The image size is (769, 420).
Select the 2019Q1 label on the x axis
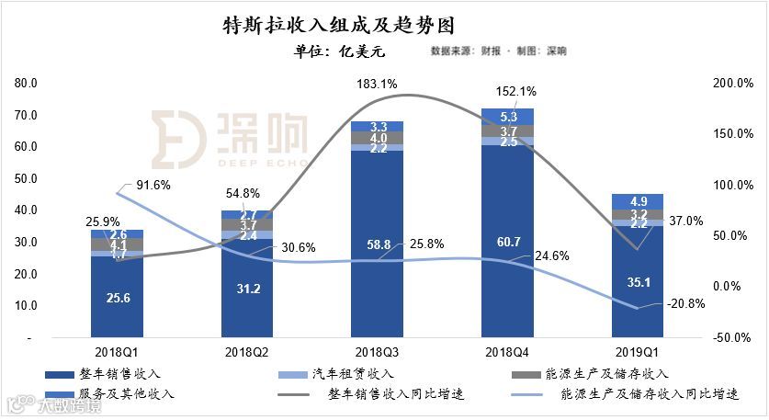click(638, 351)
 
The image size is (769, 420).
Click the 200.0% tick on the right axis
click(732, 84)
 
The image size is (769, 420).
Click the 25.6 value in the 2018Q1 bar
click(117, 298)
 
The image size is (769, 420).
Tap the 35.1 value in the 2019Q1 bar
click(638, 283)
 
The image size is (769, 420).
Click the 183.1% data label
click(378, 84)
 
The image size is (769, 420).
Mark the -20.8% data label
click(686, 303)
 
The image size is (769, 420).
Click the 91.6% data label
click(154, 185)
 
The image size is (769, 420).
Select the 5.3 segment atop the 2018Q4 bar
click(508, 117)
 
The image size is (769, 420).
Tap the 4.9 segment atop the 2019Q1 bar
click(638, 202)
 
